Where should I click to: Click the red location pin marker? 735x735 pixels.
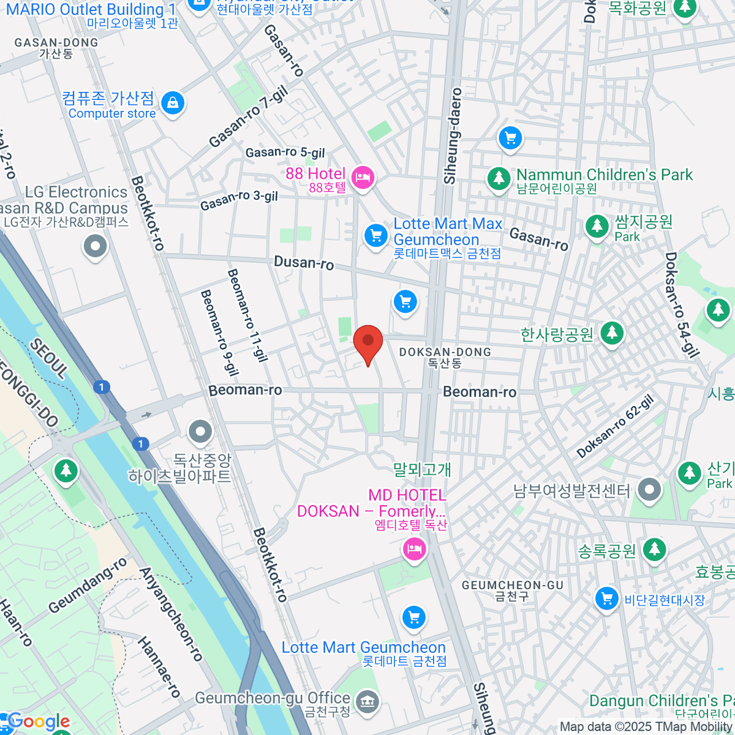click(x=368, y=342)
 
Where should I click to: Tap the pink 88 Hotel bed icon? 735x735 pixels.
click(x=364, y=178)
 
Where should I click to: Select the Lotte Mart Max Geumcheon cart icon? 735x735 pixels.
click(x=375, y=235)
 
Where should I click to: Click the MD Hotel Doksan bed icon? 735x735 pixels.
click(x=415, y=546)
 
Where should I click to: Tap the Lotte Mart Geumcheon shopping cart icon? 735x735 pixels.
click(x=414, y=617)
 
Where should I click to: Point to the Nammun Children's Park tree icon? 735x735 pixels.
click(x=499, y=178)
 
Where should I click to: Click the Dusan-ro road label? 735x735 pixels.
click(x=304, y=263)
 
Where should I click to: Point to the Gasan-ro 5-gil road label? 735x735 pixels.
click(x=285, y=152)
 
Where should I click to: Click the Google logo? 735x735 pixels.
click(x=38, y=722)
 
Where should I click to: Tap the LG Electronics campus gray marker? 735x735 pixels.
click(x=95, y=247)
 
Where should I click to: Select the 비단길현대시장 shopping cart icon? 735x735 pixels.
click(x=606, y=598)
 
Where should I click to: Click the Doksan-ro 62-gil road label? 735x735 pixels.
click(x=615, y=427)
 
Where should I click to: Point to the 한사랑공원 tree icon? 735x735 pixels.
click(x=611, y=333)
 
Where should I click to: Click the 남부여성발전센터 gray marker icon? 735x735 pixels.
click(x=649, y=489)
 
